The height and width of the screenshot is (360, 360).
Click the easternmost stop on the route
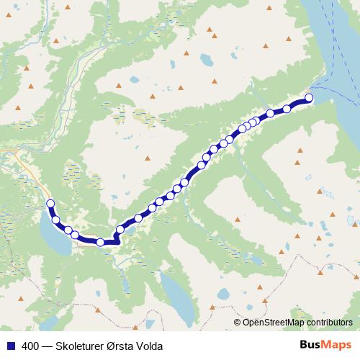310,98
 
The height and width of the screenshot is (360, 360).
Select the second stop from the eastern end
287,109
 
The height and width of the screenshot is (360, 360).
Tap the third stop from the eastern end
270,113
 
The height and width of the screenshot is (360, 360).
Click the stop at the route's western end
50,204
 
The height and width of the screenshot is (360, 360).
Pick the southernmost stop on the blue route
101,243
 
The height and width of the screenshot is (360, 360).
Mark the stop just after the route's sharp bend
120,230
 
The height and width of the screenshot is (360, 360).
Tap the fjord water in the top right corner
331,43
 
